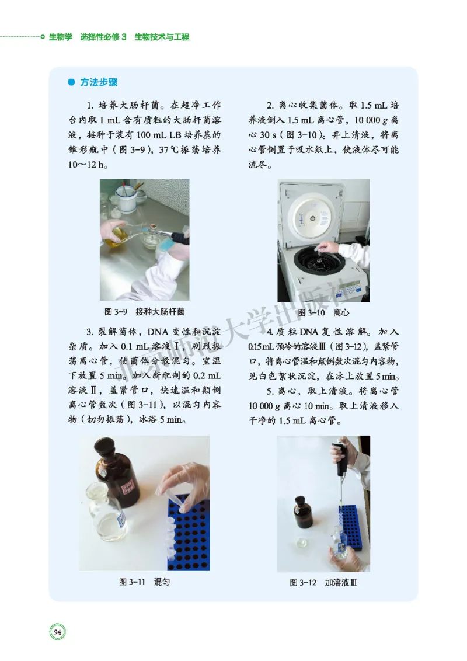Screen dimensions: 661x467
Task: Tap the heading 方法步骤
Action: (99, 83)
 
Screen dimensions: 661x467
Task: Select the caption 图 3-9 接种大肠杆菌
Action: (145, 312)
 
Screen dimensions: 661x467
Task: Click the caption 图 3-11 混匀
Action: (144, 582)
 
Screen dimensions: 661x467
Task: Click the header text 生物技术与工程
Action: (162, 37)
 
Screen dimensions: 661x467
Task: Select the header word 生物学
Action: (60, 37)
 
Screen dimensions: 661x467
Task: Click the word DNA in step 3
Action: (162, 332)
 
